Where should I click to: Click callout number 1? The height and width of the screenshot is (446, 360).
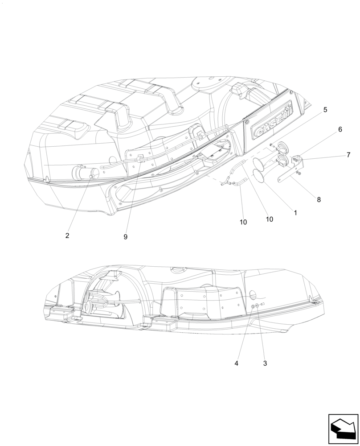[295, 213]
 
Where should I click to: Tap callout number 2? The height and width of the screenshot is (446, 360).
[67, 235]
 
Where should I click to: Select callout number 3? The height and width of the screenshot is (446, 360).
[265, 363]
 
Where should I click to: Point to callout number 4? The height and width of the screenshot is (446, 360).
[237, 363]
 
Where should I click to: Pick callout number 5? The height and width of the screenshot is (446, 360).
[325, 110]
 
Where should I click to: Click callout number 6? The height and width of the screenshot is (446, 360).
[340, 129]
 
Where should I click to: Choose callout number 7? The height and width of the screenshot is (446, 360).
[348, 155]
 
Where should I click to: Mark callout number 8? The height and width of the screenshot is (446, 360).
[319, 200]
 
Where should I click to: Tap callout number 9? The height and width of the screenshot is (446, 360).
[125, 237]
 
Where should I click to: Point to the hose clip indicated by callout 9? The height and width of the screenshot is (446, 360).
[140, 157]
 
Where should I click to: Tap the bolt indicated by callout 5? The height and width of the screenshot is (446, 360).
[271, 145]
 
